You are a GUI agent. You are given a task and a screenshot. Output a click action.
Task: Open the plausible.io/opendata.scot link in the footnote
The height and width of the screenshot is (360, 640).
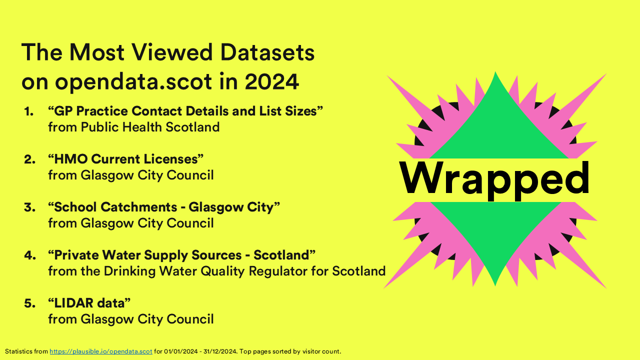click(101, 351)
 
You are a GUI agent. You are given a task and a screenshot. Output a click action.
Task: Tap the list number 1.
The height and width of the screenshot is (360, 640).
click(29, 111)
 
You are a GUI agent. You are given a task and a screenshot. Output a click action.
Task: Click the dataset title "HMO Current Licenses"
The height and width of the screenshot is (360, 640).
click(126, 159)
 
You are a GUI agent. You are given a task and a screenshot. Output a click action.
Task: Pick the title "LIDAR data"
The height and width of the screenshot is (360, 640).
click(89, 303)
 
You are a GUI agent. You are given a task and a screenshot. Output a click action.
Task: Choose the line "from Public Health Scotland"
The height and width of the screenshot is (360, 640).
click(133, 127)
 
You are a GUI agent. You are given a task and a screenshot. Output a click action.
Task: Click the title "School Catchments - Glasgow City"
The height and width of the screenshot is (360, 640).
click(163, 207)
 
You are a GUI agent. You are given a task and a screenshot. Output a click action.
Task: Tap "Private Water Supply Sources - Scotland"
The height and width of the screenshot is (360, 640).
click(181, 255)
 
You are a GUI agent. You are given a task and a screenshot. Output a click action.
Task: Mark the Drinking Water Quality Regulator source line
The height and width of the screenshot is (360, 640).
click(216, 271)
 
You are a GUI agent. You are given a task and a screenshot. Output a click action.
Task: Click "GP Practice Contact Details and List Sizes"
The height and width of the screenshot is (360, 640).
click(185, 111)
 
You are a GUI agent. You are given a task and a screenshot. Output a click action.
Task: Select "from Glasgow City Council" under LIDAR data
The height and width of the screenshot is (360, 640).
click(130, 319)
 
